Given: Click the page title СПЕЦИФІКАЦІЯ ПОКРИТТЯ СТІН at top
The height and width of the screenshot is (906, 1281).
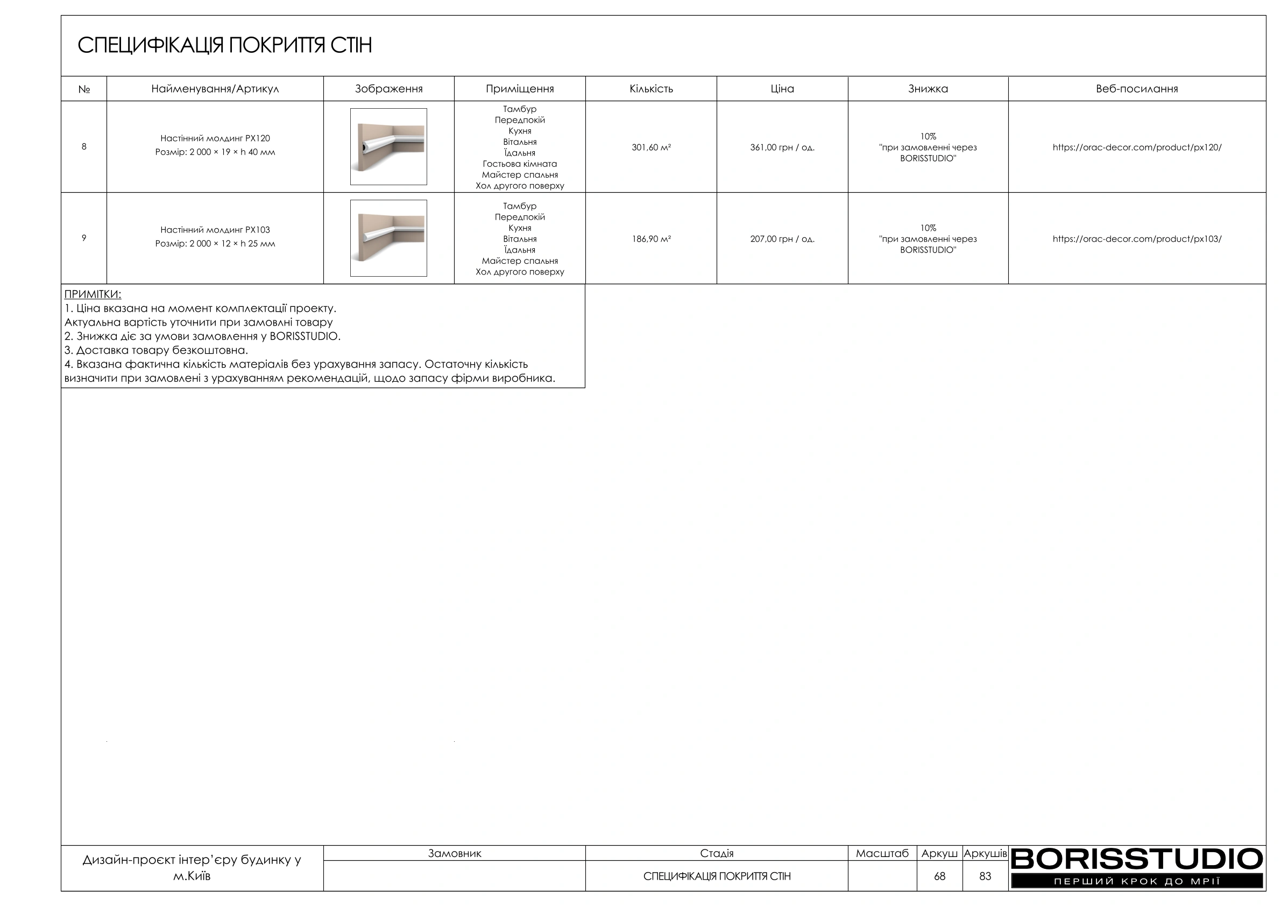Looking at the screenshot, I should pos(224,45).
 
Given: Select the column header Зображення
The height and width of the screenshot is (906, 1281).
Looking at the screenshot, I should pos(388,89).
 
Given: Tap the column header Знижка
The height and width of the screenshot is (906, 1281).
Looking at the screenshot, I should pos(928,89).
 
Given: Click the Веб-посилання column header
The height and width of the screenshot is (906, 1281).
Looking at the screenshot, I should pos(1136,89).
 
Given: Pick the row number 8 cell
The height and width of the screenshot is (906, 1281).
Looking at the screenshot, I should pos(84,147).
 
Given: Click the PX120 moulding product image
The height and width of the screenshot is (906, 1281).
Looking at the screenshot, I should pos(388,147).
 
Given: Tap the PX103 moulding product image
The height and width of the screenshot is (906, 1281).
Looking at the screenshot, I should pos(388,238).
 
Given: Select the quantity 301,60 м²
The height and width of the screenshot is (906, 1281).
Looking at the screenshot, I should pos(650,148).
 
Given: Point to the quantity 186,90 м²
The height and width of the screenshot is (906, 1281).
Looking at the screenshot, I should pos(650,239).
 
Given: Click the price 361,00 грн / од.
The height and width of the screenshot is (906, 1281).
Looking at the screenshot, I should pos(782,148).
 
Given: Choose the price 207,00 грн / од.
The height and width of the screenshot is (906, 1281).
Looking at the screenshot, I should pos(782,239).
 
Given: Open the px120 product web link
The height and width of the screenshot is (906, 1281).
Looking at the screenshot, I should pos(1136,148).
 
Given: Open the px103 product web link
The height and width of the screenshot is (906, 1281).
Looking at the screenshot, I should pos(1136,239).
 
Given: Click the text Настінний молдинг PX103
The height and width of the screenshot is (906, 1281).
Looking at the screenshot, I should pos(215,230).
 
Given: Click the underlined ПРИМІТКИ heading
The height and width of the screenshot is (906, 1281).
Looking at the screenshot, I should pos(93,294).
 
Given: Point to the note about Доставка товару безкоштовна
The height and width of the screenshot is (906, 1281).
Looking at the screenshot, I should pos(156,350).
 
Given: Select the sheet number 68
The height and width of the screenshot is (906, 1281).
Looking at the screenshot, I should pos(939,876).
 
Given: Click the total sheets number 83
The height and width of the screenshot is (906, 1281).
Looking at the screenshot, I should pos(985,876).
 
